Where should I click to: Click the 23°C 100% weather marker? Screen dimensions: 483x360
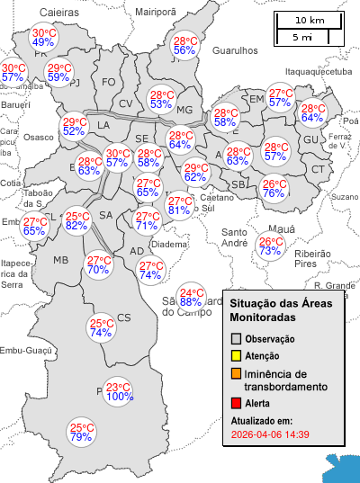(120, 391)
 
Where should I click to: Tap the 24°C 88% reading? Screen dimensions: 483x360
(191, 297)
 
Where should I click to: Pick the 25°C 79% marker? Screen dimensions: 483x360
(82, 432)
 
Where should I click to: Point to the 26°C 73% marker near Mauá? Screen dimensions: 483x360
(270, 246)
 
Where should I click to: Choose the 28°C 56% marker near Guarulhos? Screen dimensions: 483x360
(185, 46)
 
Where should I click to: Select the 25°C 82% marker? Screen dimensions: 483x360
(76, 220)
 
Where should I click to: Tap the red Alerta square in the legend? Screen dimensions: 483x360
(236, 403)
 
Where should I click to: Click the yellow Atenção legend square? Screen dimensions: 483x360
(236, 356)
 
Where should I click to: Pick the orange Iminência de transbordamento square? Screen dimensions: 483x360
(236, 374)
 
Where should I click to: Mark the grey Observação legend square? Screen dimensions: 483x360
(236, 338)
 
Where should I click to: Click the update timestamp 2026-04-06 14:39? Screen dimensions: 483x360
(270, 434)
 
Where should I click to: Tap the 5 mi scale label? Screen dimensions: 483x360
(302, 37)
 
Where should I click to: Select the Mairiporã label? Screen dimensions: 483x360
(156, 12)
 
